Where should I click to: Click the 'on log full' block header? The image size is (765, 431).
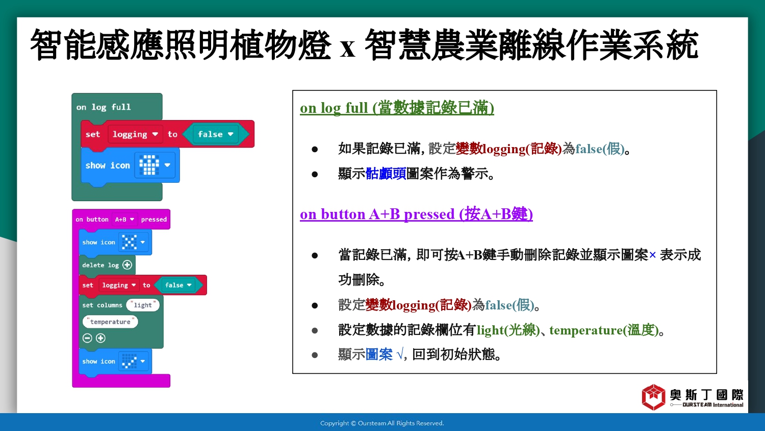tap(104, 107)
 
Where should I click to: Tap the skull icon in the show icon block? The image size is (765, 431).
tap(149, 165)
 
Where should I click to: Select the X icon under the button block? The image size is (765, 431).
tap(130, 242)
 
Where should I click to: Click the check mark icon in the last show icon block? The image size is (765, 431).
tap(130, 361)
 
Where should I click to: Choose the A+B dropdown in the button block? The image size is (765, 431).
tap(124, 219)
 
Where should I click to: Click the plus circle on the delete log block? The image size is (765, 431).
tap(127, 265)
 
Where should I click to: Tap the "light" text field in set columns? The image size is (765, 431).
tap(143, 305)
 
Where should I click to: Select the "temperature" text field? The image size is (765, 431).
tap(110, 322)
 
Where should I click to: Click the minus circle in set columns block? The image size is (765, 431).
tap(87, 338)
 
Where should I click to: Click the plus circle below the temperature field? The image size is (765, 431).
tap(100, 338)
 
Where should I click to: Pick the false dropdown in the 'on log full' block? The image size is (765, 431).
tap(216, 134)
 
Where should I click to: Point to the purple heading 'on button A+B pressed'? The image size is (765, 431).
tap(416, 214)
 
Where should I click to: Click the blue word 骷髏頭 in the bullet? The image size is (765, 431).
tap(386, 174)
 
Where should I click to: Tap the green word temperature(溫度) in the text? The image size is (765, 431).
tap(604, 330)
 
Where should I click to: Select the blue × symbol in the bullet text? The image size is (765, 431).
tap(652, 255)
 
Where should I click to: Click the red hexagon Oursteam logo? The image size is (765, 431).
tap(653, 397)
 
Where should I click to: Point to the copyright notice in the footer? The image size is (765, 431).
tap(382, 423)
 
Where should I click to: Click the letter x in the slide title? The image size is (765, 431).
tap(348, 49)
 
